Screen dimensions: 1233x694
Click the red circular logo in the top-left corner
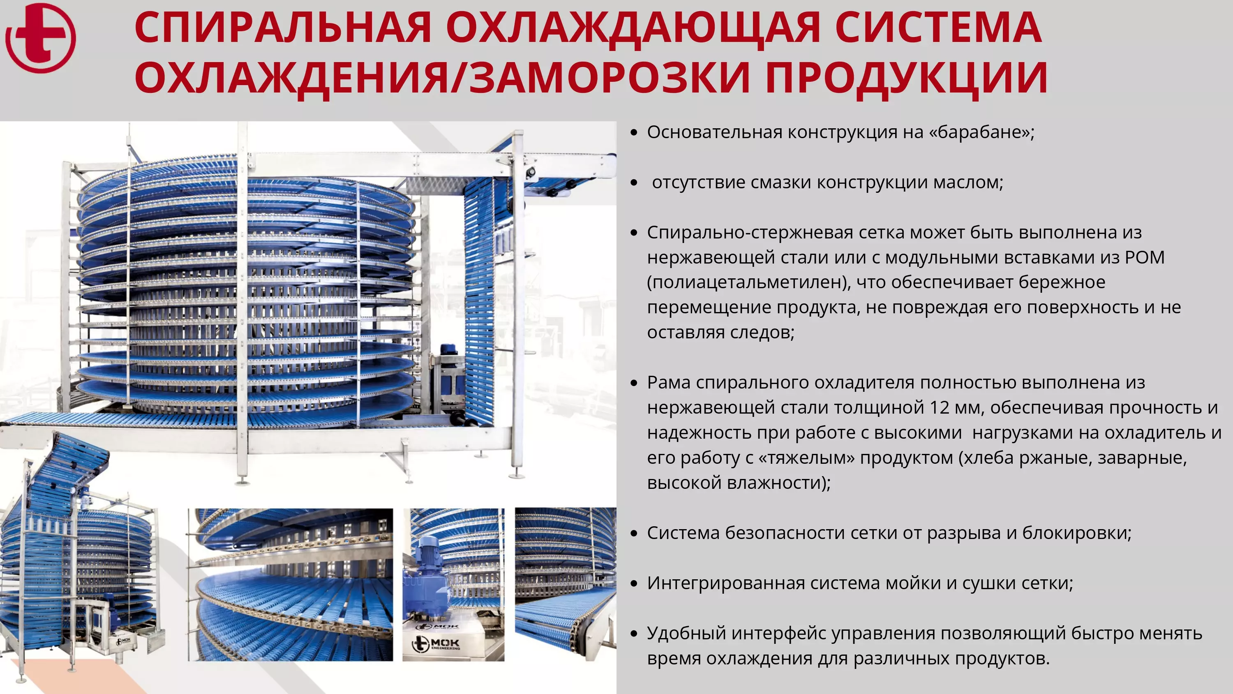coord(41,38)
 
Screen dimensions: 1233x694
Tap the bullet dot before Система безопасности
coord(634,534)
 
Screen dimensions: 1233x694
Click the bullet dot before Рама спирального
coord(634,383)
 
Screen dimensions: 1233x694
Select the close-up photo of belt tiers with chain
coord(290,585)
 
